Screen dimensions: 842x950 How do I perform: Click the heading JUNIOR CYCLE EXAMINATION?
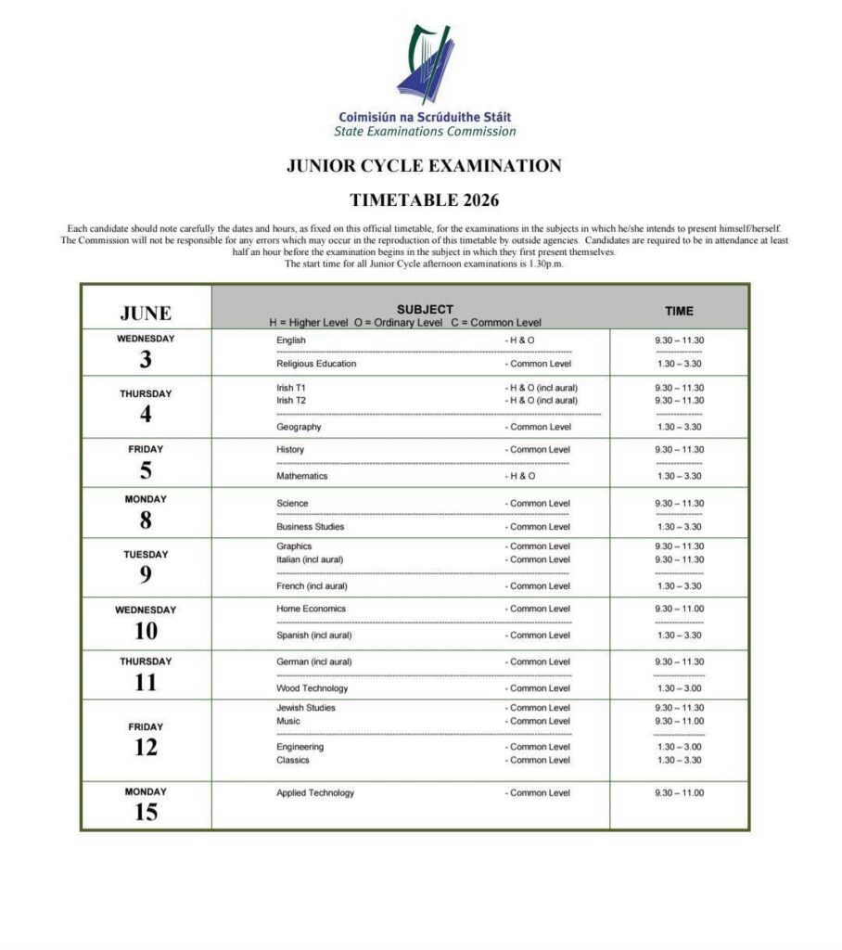[424, 166]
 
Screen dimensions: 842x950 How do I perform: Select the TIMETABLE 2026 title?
[424, 199]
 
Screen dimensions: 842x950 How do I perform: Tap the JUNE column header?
[146, 313]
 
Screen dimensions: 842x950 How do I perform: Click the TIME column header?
[679, 311]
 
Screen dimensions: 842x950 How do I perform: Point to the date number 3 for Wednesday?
[146, 360]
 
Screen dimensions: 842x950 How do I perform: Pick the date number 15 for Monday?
[146, 813]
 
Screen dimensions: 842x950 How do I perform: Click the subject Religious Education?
[316, 364]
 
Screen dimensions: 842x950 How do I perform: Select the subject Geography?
[299, 427]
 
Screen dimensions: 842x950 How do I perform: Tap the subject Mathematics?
[301, 476]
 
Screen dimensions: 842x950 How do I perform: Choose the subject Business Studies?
[310, 527]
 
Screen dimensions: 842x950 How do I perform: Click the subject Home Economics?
[311, 609]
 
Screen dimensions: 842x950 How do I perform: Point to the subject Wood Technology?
[313, 688]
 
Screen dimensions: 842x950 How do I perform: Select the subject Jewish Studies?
[306, 708]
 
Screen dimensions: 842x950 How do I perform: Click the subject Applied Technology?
[315, 793]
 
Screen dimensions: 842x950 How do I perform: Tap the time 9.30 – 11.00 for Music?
[679, 721]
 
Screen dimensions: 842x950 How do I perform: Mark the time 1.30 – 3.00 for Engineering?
[679, 747]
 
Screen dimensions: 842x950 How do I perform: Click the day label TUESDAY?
[146, 555]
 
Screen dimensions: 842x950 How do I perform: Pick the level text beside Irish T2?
[544, 401]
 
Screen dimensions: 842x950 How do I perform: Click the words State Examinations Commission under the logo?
[425, 132]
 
